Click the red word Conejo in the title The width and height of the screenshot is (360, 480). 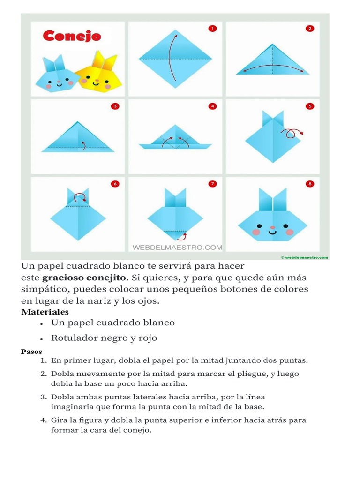click(x=72, y=37)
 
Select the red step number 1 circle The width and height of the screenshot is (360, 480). click(x=212, y=29)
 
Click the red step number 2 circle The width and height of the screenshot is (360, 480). click(x=309, y=29)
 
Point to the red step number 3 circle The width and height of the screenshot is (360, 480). click(x=115, y=106)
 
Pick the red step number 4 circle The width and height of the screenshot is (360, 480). click(x=212, y=106)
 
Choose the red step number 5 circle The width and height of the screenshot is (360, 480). click(x=309, y=106)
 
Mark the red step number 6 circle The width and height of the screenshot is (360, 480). click(x=115, y=184)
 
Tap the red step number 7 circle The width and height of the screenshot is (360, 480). click(x=212, y=184)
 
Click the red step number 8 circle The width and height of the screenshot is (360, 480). click(x=309, y=184)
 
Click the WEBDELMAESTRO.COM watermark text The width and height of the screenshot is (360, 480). click(x=178, y=247)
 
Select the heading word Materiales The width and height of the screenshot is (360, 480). click(x=45, y=312)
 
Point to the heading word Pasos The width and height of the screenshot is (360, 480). click(x=31, y=352)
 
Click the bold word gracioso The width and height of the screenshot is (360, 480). click(x=63, y=277)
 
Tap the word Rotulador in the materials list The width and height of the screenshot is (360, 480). click(x=73, y=338)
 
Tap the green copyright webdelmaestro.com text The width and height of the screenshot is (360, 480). click(x=305, y=257)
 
